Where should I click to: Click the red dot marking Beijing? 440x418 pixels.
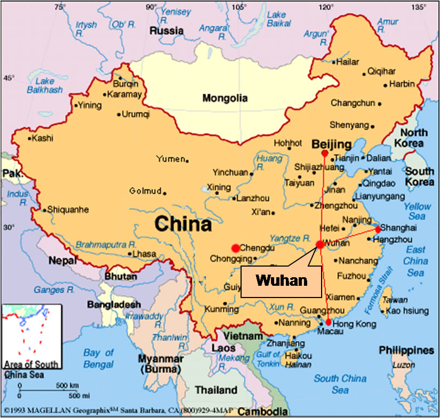click(325, 153)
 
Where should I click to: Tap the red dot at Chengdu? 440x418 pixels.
click(235, 248)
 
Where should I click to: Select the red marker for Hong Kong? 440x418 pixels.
click(329, 322)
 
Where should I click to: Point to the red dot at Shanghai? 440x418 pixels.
click(378, 229)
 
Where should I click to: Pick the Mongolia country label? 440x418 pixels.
click(225, 98)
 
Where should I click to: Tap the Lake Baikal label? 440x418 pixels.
click(276, 19)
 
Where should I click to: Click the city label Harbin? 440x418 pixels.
click(402, 84)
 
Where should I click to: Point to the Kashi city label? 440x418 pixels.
click(43, 138)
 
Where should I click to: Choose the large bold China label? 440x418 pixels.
click(183, 224)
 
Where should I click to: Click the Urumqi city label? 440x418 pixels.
click(136, 114)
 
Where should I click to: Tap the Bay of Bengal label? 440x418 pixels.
click(99, 358)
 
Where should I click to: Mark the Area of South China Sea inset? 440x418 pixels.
click(31, 336)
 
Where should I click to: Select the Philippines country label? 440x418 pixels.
click(406, 350)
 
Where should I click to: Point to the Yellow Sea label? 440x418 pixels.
click(417, 211)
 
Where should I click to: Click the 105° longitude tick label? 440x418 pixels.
click(239, 7)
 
